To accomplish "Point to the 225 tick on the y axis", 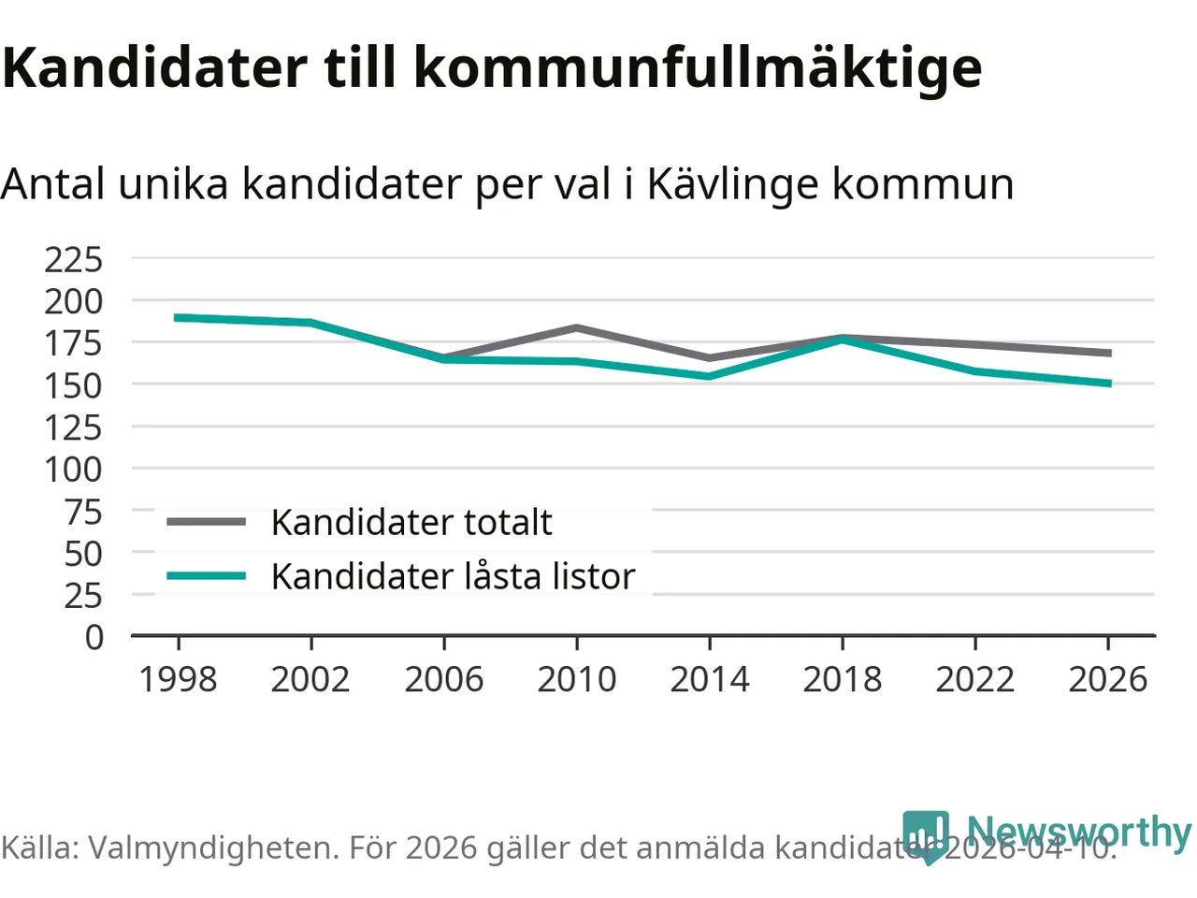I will (x=74, y=259).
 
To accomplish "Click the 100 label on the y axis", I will (x=74, y=469).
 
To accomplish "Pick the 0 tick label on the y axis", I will (x=94, y=637).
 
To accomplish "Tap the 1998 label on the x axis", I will (x=178, y=679).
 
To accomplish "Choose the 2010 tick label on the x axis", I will (x=577, y=679).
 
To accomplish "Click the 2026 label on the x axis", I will (x=1108, y=679).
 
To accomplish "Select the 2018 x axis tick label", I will (x=843, y=679).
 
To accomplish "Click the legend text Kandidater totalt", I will (x=411, y=522).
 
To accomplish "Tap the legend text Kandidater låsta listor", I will (x=453, y=576).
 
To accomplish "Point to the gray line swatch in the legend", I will (x=206, y=522).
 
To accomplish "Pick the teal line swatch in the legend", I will (x=206, y=576).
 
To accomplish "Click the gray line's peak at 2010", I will (x=577, y=327).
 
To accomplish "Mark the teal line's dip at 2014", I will (x=710, y=376).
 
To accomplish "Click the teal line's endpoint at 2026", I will (x=1108, y=384).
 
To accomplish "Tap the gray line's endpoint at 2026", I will (x=1108, y=353).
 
